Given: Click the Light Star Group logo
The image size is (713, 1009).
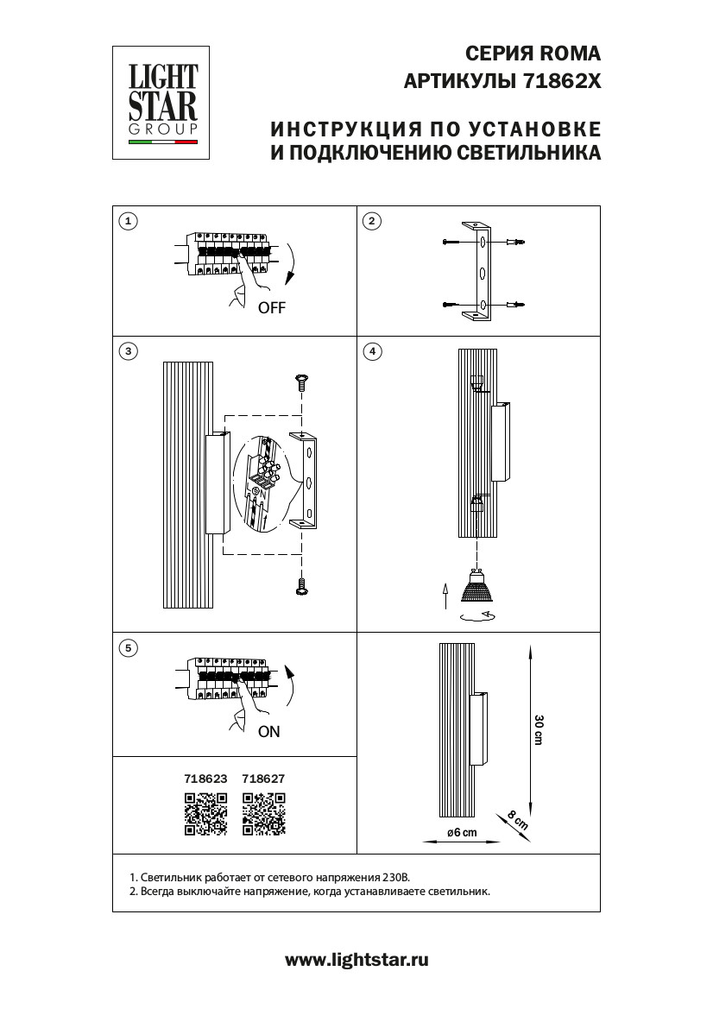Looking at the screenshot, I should (x=163, y=102).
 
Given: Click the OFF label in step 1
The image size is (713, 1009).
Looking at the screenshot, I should (x=271, y=307).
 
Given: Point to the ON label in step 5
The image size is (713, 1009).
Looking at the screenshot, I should (x=268, y=731).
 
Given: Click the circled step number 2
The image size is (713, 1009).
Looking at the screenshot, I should (x=371, y=221).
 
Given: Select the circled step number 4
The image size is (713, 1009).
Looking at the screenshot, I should (x=371, y=351).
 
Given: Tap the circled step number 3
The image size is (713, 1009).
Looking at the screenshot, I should (x=128, y=351).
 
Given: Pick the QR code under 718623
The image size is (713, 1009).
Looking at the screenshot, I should (x=205, y=814).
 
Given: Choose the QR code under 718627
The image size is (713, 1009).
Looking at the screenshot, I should (x=263, y=814).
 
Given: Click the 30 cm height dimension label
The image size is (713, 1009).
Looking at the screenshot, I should (x=539, y=730).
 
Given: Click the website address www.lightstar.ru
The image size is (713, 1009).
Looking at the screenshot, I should (x=356, y=959).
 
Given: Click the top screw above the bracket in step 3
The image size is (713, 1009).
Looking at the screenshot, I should (x=302, y=381).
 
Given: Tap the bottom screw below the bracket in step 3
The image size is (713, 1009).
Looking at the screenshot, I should (x=302, y=586).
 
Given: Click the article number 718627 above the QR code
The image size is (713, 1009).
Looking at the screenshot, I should (x=263, y=778).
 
